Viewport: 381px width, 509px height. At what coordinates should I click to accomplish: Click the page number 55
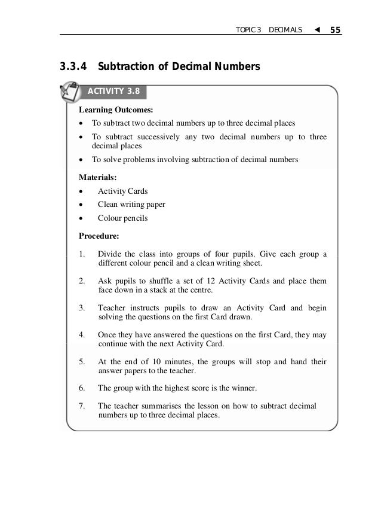335,29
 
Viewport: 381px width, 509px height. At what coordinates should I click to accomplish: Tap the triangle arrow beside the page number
316,29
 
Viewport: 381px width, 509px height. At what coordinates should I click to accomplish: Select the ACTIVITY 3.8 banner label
114,92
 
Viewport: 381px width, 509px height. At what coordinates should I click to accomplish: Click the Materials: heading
98,177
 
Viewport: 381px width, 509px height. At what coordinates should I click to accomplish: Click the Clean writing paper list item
131,205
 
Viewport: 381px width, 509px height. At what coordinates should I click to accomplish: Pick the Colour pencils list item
122,218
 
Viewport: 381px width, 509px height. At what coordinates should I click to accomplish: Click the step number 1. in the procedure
82,254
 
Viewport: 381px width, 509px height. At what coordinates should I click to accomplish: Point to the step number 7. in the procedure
82,406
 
